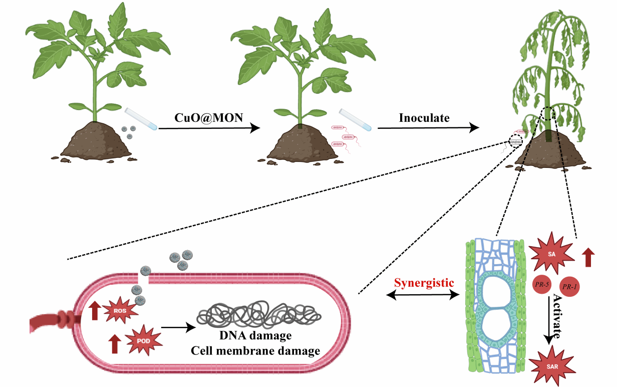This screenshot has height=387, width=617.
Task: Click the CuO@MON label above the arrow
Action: pyautogui.click(x=208, y=118)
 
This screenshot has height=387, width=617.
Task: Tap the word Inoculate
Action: pyautogui.click(x=424, y=118)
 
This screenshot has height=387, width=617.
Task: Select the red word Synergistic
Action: pyautogui.click(x=424, y=283)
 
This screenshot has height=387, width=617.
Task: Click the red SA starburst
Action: pyautogui.click(x=551, y=254)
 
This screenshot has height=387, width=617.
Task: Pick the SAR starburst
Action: pyautogui.click(x=552, y=366)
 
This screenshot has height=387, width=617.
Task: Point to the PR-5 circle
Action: pyautogui.click(x=542, y=284)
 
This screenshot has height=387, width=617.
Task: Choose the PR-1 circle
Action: pyautogui.click(x=569, y=287)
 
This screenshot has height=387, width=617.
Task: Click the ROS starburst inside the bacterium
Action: pyautogui.click(x=120, y=310)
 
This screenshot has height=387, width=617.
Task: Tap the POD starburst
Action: pyautogui.click(x=144, y=341)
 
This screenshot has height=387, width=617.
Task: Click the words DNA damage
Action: pyautogui.click(x=255, y=336)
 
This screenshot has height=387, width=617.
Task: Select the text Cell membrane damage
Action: pyautogui.click(x=255, y=351)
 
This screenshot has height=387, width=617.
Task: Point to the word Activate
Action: pyautogui.click(x=557, y=316)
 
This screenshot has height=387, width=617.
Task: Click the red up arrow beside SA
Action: pyautogui.click(x=588, y=257)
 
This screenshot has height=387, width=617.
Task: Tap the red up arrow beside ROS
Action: pyautogui.click(x=95, y=311)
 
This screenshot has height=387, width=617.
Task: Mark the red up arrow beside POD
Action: pyautogui.click(x=115, y=344)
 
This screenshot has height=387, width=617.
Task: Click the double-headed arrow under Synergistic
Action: pyautogui.click(x=423, y=295)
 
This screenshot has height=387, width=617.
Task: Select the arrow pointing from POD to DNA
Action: pyautogui.click(x=178, y=327)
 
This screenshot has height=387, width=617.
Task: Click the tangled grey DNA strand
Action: pyautogui.click(x=258, y=314)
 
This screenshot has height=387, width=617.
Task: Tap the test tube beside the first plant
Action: pyautogui.click(x=141, y=119)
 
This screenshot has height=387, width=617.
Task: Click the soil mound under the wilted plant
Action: pyautogui.click(x=550, y=150)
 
